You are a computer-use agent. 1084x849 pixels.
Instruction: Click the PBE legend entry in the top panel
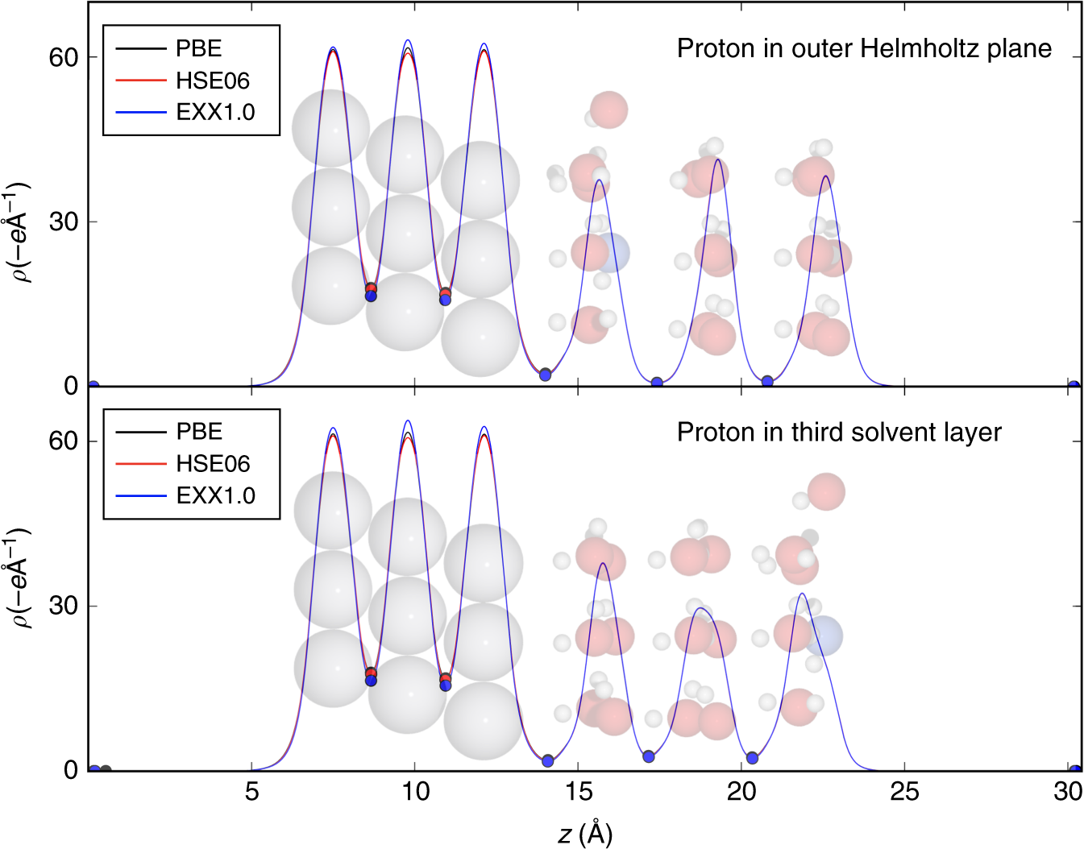click(x=198, y=48)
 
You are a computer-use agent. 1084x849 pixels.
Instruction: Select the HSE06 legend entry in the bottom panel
click(x=213, y=464)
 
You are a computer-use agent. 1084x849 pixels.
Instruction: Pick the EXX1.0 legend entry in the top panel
click(x=215, y=112)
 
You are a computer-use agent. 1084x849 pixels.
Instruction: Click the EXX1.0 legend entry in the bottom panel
click(x=215, y=495)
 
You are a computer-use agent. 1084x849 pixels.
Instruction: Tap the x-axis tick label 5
click(x=252, y=793)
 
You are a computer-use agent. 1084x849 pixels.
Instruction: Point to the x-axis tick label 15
click(x=578, y=793)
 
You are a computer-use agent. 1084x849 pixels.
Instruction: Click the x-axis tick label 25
click(x=904, y=793)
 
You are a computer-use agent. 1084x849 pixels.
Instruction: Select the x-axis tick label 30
click(x=1067, y=793)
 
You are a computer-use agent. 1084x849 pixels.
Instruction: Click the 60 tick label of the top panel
click(x=63, y=57)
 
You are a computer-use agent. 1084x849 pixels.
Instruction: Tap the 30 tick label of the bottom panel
click(x=63, y=606)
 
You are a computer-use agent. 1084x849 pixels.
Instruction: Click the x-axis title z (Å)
click(x=585, y=834)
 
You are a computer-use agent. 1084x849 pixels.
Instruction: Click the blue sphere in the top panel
click(x=613, y=253)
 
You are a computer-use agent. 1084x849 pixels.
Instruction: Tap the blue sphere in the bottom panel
click(x=824, y=636)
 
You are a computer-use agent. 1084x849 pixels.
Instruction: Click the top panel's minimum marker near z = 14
click(x=546, y=375)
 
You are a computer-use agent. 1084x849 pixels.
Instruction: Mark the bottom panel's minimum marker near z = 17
click(x=649, y=756)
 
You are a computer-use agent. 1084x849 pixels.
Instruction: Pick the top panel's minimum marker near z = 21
click(x=767, y=381)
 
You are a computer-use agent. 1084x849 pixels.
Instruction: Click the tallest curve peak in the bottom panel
click(x=408, y=420)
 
